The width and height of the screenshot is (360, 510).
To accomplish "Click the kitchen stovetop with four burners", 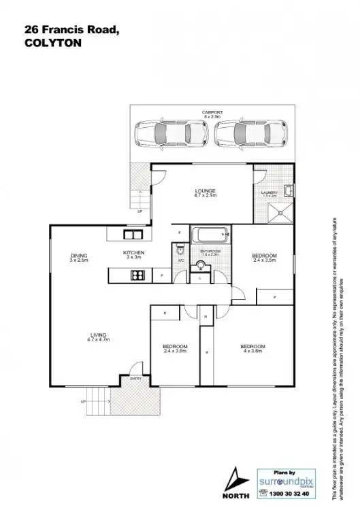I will (137, 275).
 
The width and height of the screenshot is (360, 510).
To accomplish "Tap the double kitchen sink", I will (130, 235).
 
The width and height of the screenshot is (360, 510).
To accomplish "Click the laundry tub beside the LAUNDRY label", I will (289, 190).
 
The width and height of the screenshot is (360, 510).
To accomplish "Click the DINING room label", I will (79, 257).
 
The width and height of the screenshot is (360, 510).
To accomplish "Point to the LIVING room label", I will (99, 336).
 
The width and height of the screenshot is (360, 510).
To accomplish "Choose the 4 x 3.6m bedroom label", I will (252, 349).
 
